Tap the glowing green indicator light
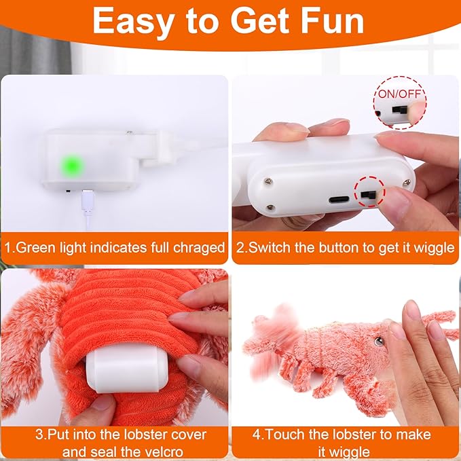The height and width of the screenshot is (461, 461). [x=71, y=166]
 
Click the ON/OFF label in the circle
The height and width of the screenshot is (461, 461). [x=399, y=92]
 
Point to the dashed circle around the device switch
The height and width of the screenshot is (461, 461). [x=369, y=195]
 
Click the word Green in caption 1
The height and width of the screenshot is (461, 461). [x=34, y=248]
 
